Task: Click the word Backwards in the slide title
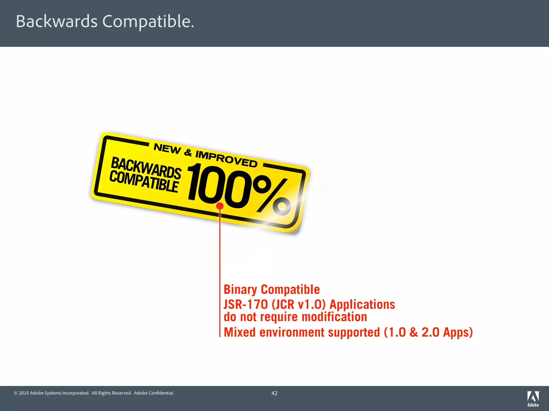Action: (57, 21)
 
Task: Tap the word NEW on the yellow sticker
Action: (168, 149)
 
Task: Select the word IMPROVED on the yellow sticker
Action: (226, 159)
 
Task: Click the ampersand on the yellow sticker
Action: (188, 153)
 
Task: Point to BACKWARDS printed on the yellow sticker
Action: (146, 168)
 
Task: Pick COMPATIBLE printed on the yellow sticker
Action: (144, 181)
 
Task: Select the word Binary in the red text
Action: (240, 290)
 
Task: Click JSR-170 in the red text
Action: (246, 305)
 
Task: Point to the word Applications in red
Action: (362, 305)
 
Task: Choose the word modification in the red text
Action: (334, 317)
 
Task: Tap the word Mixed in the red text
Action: (240, 332)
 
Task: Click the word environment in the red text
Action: (292, 332)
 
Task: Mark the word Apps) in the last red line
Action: (458, 332)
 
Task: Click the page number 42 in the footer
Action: (274, 393)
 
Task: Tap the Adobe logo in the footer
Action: (533, 398)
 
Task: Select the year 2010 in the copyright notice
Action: (24, 393)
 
